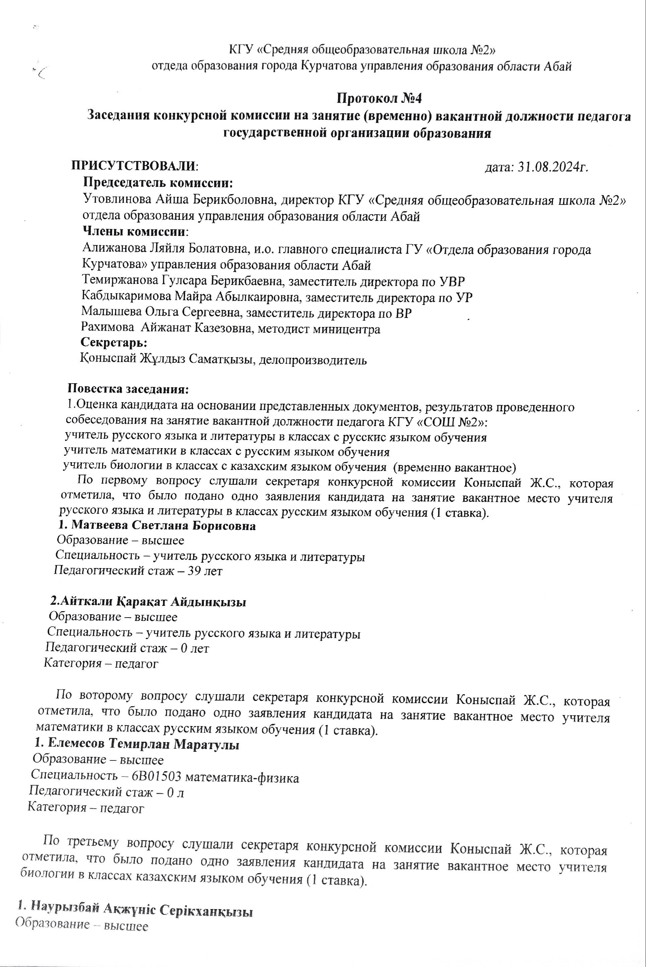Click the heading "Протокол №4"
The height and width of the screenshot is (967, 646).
(379, 98)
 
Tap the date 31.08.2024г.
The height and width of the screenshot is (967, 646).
(552, 167)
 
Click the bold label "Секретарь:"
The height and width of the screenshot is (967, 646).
(114, 342)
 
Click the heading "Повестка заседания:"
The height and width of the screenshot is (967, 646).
(128, 389)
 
